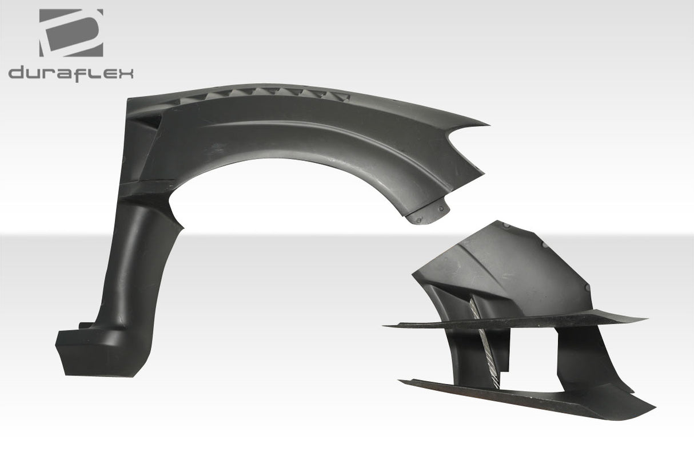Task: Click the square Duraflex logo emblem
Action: tap(71, 33)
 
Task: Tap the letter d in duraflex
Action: tap(17, 74)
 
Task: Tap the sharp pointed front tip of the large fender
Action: tap(486, 124)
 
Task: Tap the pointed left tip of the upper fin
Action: tap(386, 326)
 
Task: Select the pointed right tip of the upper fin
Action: tap(645, 318)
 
